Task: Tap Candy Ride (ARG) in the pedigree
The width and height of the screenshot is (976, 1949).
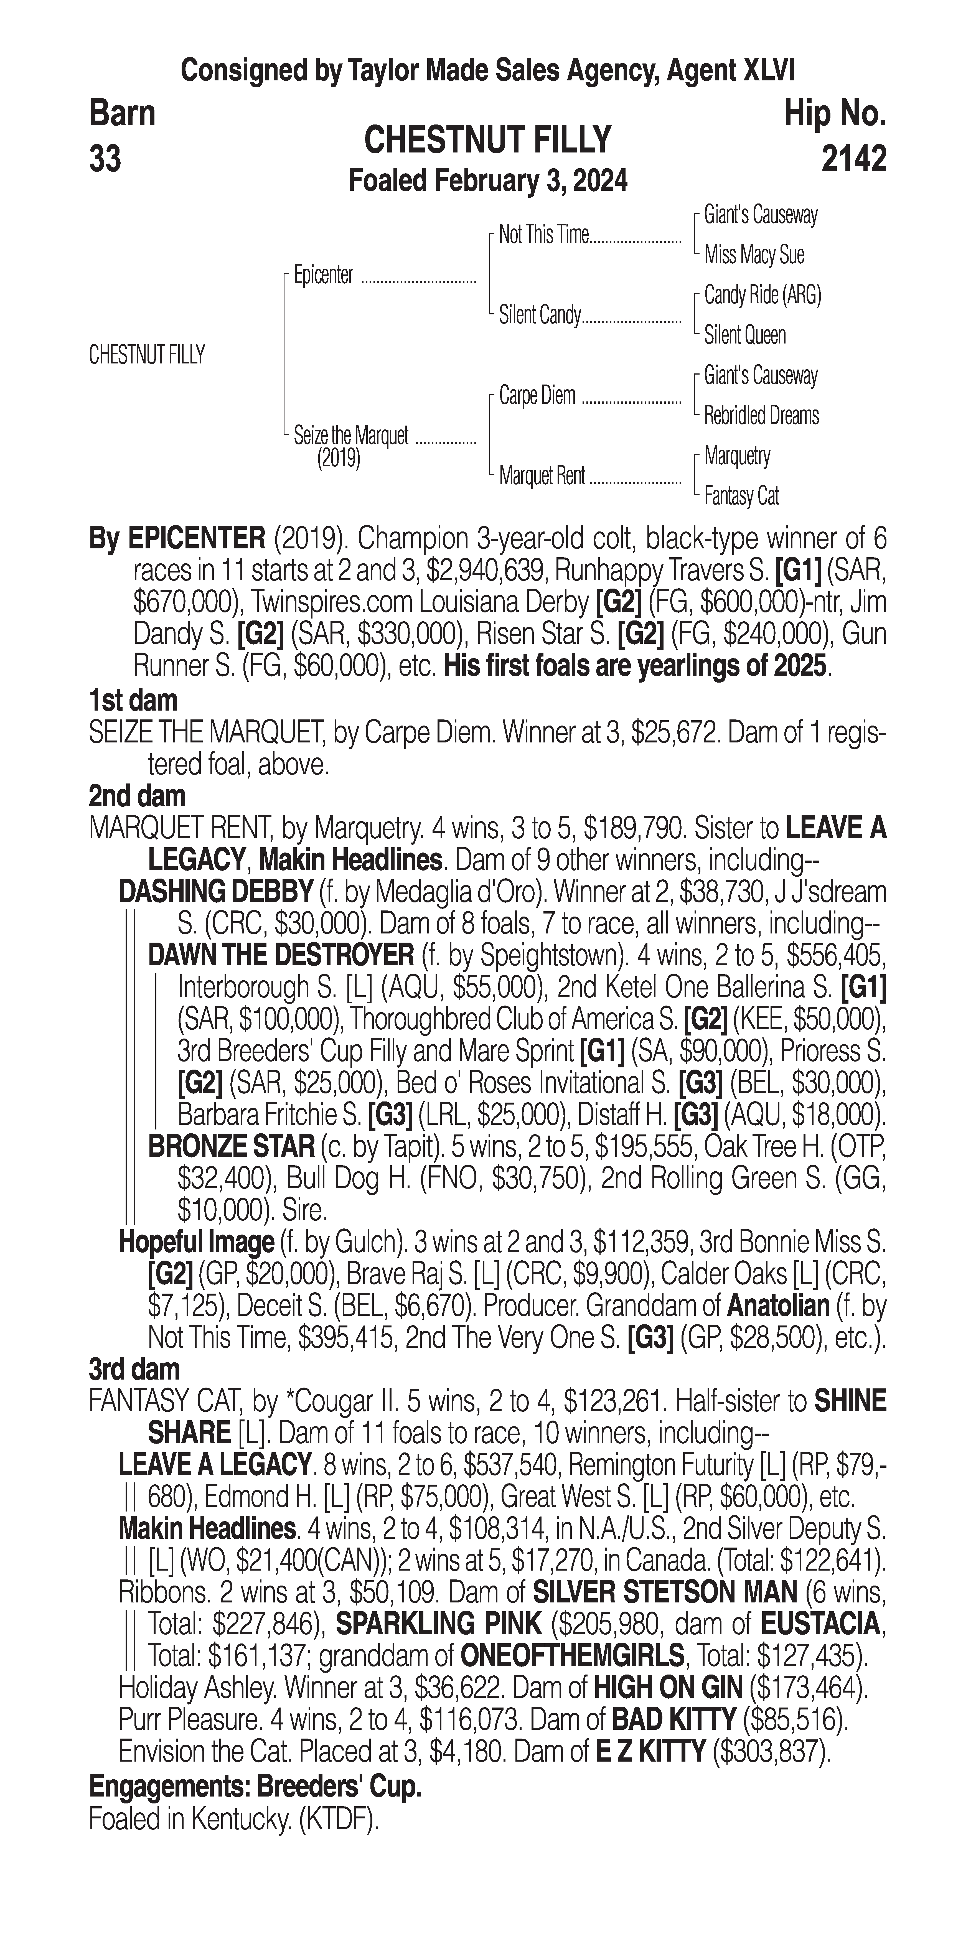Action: [x=762, y=295]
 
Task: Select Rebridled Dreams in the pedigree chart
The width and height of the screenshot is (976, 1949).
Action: [x=761, y=415]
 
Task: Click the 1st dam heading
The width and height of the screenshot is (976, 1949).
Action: [x=133, y=700]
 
